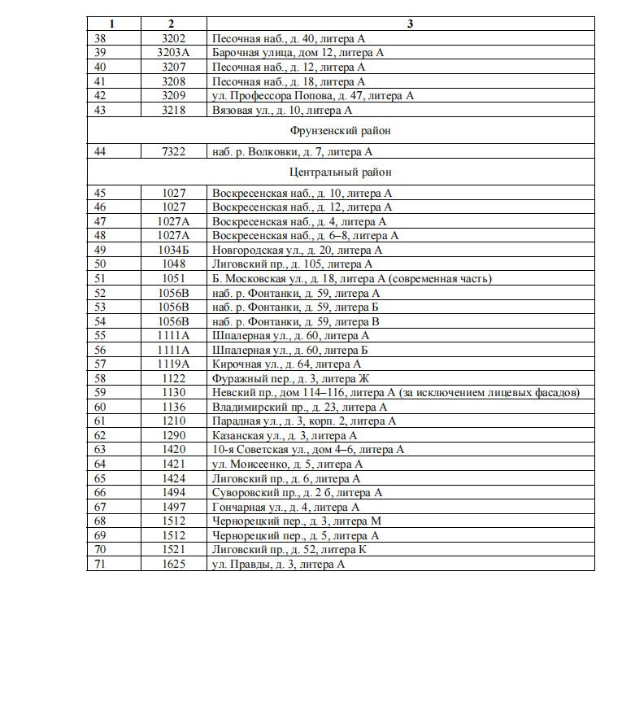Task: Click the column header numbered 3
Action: click(410, 23)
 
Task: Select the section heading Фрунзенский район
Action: click(341, 130)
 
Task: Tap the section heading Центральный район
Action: click(341, 172)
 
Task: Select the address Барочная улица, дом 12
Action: click(298, 52)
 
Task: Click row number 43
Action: click(101, 110)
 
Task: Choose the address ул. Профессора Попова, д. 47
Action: click(313, 95)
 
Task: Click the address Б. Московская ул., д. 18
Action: click(351, 279)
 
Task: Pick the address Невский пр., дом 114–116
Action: click(395, 393)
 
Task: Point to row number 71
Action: click(101, 564)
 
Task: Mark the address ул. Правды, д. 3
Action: click(278, 564)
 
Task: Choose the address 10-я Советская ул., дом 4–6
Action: click(307, 450)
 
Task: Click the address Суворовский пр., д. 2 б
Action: click(297, 493)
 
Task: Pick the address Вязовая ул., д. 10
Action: click(281, 110)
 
